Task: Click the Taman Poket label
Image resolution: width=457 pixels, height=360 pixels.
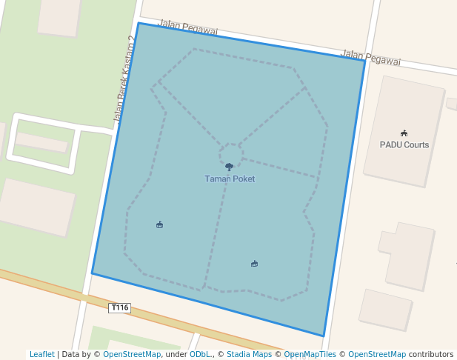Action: click(230, 179)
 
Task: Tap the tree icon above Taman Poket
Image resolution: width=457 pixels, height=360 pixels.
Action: click(229, 167)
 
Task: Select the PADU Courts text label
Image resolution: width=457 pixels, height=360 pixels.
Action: click(404, 144)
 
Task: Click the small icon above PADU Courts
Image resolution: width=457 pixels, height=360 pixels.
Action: click(404, 133)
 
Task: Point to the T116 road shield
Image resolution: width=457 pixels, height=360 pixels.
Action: click(119, 307)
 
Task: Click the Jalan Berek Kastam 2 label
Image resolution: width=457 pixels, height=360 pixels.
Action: click(124, 89)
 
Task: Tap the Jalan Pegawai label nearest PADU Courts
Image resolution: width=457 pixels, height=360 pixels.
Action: click(370, 59)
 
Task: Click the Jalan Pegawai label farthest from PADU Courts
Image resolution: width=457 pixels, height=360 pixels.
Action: click(188, 28)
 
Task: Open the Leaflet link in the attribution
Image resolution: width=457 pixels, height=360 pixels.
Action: click(42, 354)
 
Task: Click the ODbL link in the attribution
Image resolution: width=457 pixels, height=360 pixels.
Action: click(200, 354)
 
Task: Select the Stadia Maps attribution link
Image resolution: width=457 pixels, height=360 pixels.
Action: click(248, 354)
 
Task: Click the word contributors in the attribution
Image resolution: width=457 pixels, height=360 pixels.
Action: click(431, 354)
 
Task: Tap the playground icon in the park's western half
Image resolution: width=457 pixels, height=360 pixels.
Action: click(160, 224)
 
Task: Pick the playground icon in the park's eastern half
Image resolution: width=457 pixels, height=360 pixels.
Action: click(254, 263)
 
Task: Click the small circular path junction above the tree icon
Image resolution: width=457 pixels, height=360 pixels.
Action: click(230, 153)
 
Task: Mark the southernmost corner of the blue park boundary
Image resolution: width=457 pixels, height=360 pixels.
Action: click(324, 336)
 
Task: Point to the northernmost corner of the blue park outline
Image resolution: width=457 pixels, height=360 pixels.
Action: click(139, 23)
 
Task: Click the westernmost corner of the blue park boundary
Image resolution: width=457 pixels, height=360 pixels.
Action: click(92, 273)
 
